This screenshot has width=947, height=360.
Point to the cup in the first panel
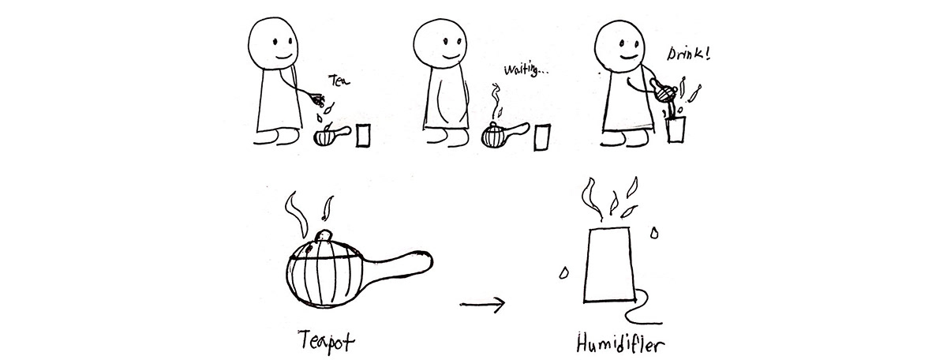[x=365, y=135]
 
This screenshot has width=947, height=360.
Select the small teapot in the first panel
[x=326, y=137]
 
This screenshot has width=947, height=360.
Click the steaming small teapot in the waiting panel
[x=495, y=136]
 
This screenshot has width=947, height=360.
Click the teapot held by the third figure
[x=666, y=91]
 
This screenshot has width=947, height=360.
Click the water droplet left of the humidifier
[x=563, y=273]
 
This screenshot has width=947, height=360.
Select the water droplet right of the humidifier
[x=653, y=233]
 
